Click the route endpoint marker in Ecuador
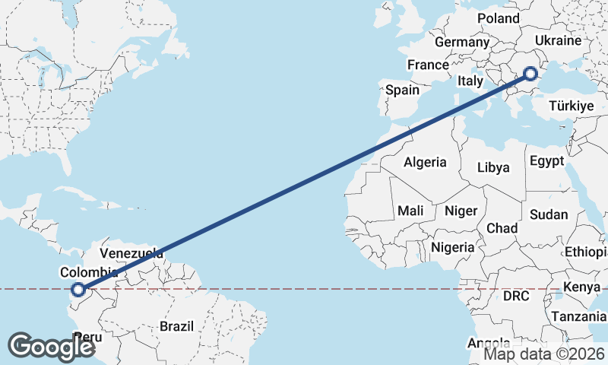78,289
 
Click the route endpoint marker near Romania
530,74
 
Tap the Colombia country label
90,273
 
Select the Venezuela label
131,253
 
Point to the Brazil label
176,326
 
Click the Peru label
88,337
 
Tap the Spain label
402,90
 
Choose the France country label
428,65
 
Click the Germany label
461,43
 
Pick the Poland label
498,18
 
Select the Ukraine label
558,40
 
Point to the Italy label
470,81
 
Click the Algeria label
425,162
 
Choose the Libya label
495,168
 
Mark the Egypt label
546,161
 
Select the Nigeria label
453,247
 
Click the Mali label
410,211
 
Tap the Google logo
51,347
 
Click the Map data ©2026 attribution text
544,354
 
